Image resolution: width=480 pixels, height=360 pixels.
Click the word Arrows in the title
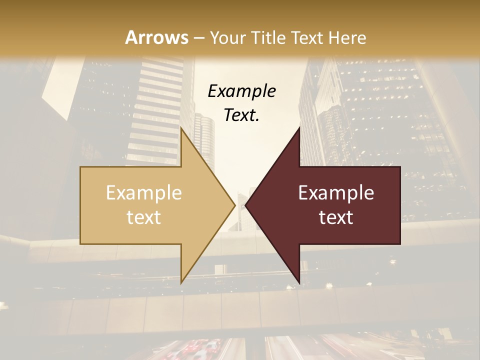(x=157, y=37)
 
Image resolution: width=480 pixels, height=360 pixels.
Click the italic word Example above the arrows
(x=241, y=91)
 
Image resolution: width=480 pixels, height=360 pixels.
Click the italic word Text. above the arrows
(x=241, y=115)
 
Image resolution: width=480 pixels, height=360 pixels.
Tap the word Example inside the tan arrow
(x=144, y=193)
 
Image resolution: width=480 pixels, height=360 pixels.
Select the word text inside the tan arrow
(x=144, y=217)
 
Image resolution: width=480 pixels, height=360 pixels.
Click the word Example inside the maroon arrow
(x=336, y=193)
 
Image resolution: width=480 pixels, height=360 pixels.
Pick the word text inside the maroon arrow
(x=336, y=217)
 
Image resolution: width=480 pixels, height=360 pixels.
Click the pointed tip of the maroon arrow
(x=245, y=205)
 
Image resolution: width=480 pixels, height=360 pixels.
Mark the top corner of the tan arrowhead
(x=181, y=127)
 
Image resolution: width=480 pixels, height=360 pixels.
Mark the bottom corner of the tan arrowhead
(x=181, y=283)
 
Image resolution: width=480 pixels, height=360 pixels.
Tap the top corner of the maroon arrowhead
(x=299, y=127)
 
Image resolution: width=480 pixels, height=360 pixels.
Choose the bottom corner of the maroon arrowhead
(x=299, y=283)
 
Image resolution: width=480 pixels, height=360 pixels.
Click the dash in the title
(x=198, y=38)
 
